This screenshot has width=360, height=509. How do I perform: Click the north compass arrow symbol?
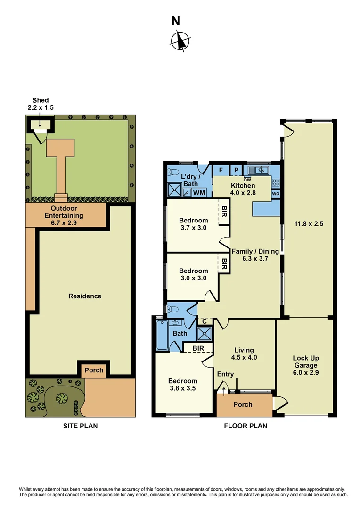click(180, 40)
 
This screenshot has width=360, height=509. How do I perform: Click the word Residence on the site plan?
click(85, 296)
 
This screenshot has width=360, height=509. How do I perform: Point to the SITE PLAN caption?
click(80, 426)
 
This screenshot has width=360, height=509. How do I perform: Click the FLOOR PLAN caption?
click(245, 426)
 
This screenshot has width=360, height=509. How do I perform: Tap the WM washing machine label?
click(199, 192)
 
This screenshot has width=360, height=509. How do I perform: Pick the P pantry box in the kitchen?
click(236, 170)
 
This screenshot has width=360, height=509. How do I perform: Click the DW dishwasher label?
click(247, 180)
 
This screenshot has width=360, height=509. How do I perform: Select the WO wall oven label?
click(276, 193)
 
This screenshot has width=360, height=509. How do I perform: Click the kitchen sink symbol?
click(259, 170)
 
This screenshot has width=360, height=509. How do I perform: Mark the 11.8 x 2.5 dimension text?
click(309, 224)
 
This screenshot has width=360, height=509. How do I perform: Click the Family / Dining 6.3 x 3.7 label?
click(255, 254)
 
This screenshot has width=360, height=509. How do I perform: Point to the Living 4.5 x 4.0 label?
click(244, 353)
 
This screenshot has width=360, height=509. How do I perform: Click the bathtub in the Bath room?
click(162, 336)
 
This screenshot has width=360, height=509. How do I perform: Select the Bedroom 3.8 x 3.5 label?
click(183, 385)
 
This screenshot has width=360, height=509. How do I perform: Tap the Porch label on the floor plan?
click(243, 404)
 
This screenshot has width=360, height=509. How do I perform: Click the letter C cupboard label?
click(205, 321)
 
